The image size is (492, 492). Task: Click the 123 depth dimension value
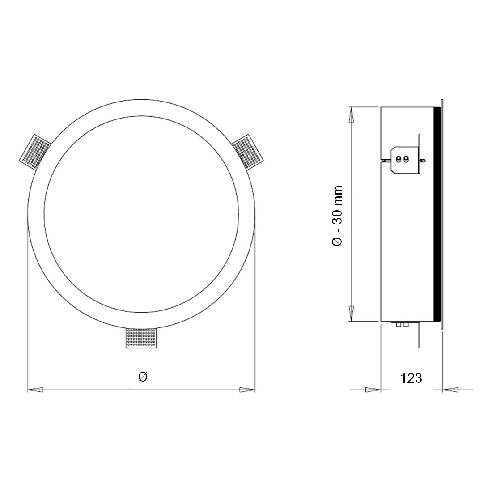coord(411,378)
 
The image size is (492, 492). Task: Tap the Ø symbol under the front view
coord(143,377)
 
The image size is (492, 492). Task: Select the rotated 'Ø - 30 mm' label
coord(337,216)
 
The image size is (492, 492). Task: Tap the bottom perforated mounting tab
coord(141,338)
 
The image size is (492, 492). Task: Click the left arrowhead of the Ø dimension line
coord(35,390)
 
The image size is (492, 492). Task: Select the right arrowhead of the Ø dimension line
coord(248,390)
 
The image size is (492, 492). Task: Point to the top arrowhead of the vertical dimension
coord(352,115)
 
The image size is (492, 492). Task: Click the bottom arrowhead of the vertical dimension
coord(352,314)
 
